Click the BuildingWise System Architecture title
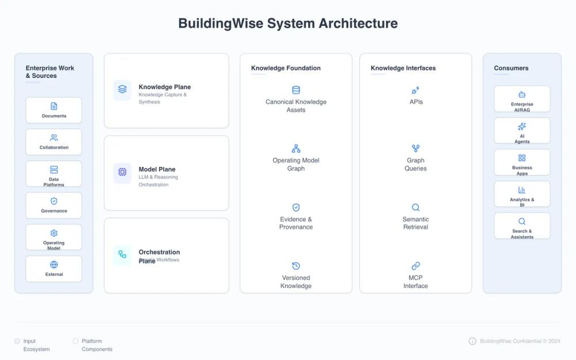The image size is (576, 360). click(287, 24)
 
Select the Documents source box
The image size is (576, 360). click(54, 110)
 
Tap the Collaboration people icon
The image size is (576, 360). click(54, 138)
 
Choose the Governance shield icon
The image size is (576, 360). click(54, 201)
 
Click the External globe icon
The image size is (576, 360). click(54, 264)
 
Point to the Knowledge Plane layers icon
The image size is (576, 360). click(122, 90)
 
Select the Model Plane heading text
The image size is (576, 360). click(157, 169)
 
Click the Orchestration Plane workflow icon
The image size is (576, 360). click(122, 254)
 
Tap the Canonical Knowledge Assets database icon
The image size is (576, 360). click(296, 90)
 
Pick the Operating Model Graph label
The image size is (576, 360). click(296, 164)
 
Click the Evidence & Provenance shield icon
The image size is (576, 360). click(296, 207)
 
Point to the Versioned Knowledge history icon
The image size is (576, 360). click(296, 266)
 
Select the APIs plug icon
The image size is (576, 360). click(416, 90)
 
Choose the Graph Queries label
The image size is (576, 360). click(416, 164)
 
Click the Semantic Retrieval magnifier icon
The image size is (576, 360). click(416, 207)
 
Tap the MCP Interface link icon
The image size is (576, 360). click(416, 266)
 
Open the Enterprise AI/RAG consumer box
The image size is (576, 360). click(522, 98)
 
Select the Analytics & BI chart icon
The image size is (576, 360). click(522, 190)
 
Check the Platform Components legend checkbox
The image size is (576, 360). click(75, 341)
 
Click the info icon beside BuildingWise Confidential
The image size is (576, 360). click(472, 341)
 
